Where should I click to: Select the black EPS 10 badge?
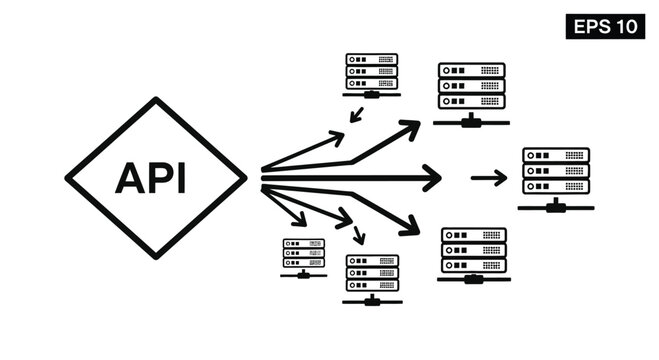[606, 25]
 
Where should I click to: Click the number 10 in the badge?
[627, 25]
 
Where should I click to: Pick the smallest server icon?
[303, 256]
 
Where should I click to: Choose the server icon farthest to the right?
[556, 172]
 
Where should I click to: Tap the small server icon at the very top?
[372, 72]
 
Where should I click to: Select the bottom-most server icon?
[372, 273]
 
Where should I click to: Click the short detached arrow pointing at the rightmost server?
[489, 178]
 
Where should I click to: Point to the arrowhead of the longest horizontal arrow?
[433, 178]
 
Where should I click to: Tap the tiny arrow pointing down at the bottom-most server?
[359, 238]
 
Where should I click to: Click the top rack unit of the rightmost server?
[556, 155]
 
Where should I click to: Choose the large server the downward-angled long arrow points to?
[473, 250]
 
